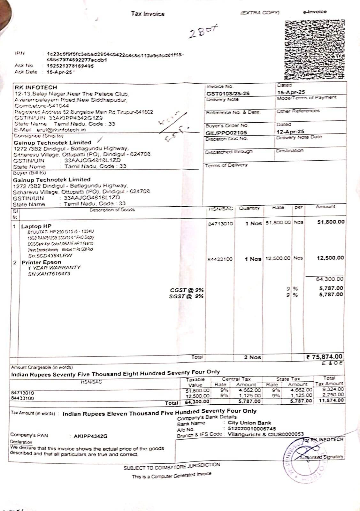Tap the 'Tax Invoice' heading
tap(148, 14)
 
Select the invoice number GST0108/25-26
tap(228, 94)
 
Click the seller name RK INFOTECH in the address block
tap(36, 87)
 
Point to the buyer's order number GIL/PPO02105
tap(226, 133)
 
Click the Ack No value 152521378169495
tap(70, 66)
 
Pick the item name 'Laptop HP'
tap(36, 226)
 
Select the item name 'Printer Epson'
tap(41, 262)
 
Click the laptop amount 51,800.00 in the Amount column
tap(331, 222)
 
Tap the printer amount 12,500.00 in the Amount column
tap(330, 258)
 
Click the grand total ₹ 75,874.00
tap(324, 357)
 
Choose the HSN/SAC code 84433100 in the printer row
tap(220, 259)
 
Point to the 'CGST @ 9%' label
tap(187, 290)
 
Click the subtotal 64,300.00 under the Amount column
tap(330, 279)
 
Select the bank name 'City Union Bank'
tap(249, 423)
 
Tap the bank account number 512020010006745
tap(252, 429)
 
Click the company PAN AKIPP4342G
tap(90, 436)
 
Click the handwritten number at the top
tap(203, 32)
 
